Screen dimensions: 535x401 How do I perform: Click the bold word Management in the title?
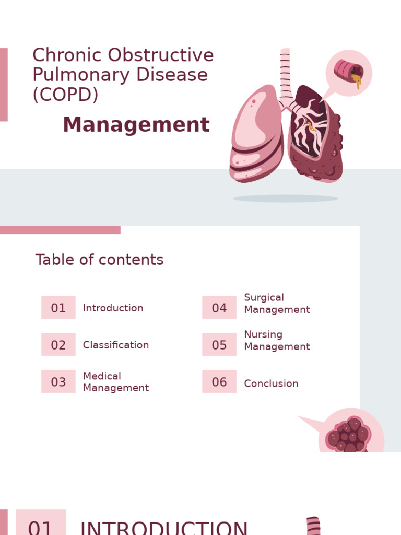pyautogui.click(x=136, y=125)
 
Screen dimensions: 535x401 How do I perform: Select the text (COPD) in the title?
pyautogui.click(x=65, y=95)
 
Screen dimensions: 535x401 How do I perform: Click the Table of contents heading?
pyautogui.click(x=99, y=260)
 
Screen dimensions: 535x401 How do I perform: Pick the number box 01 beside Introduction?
pyautogui.click(x=58, y=308)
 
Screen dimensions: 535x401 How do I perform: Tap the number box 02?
pyautogui.click(x=58, y=345)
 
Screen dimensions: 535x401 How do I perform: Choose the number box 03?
pyautogui.click(x=58, y=382)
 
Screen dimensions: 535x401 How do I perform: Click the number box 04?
pyautogui.click(x=219, y=308)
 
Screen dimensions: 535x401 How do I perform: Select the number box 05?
pyautogui.click(x=219, y=345)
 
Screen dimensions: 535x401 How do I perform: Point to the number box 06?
pyautogui.click(x=219, y=382)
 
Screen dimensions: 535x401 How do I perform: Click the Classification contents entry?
pyautogui.click(x=116, y=345)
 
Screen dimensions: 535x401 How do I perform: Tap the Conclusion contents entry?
pyautogui.click(x=271, y=383)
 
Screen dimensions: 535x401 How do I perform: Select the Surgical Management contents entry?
pyautogui.click(x=277, y=304)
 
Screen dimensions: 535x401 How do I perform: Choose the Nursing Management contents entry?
pyautogui.click(x=277, y=341)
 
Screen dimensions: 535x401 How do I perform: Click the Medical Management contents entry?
pyautogui.click(x=116, y=382)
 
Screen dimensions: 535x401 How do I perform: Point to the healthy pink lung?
pyautogui.click(x=256, y=136)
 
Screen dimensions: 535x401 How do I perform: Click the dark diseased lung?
pyautogui.click(x=316, y=136)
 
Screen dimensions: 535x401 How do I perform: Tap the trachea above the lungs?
pyautogui.click(x=285, y=73)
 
